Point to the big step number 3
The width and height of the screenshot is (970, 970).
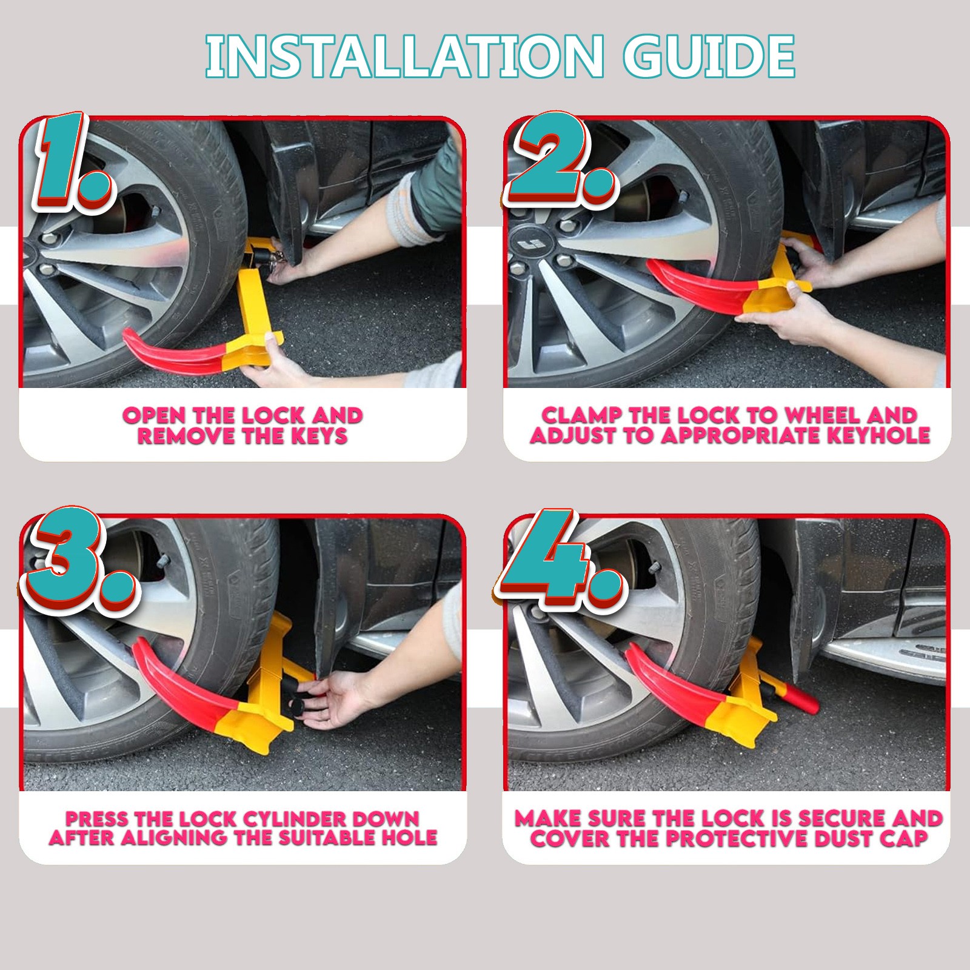(x=76, y=561)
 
